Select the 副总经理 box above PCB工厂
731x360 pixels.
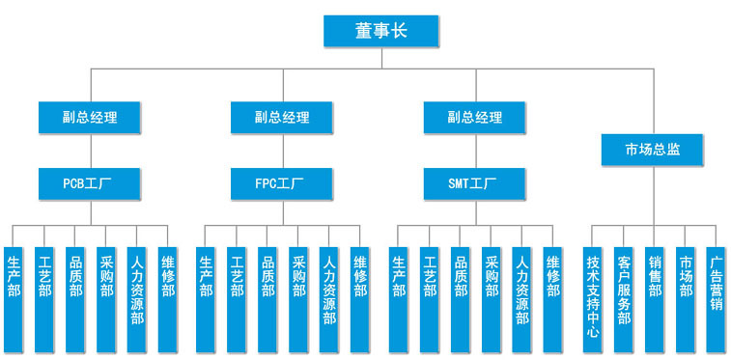90,118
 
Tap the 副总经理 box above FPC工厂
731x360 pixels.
283,118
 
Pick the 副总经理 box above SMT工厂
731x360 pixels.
475,118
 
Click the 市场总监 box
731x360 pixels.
652,150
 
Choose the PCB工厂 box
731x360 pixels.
90,182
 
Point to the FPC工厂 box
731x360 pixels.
283,182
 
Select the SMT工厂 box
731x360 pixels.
475,182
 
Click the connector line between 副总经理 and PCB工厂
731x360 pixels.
90,151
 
